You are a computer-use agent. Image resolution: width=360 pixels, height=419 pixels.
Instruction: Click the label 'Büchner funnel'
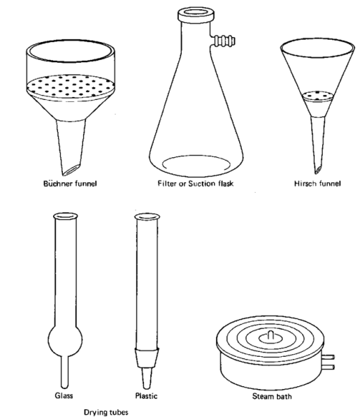point(70,184)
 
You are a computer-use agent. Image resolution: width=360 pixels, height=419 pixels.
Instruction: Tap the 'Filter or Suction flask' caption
point(196,184)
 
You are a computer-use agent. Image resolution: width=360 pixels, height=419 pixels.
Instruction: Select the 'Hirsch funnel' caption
point(317,184)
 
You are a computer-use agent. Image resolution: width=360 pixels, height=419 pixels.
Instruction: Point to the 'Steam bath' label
point(272,396)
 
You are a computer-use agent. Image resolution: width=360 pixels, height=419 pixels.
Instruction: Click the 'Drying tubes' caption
point(106,412)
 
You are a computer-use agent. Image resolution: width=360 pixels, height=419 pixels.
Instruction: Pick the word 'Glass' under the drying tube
point(64,395)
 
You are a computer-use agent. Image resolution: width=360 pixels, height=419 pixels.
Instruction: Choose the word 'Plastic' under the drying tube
point(146,396)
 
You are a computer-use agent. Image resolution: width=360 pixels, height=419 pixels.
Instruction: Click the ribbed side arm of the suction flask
point(224,41)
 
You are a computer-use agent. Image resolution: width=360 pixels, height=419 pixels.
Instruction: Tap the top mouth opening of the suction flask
point(196,13)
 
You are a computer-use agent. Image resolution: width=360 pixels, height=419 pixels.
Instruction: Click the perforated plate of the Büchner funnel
point(71,87)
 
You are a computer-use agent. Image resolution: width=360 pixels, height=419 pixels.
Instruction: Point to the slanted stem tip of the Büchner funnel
point(71,170)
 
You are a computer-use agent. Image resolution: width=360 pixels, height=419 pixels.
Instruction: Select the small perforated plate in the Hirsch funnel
point(317,96)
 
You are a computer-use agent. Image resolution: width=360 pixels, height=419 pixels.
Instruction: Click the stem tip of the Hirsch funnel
point(318,170)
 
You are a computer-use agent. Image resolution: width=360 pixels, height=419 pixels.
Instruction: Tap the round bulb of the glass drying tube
point(65,339)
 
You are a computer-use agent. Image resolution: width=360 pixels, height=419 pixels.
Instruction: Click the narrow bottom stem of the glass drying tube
point(64,372)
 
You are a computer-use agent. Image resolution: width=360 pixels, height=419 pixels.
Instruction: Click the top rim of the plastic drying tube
point(147,216)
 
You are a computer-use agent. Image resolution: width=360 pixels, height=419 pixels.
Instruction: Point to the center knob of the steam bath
point(271,336)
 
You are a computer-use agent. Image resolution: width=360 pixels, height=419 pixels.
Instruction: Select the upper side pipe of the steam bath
point(329,357)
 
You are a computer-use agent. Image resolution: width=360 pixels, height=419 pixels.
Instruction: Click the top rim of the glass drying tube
point(65,216)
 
